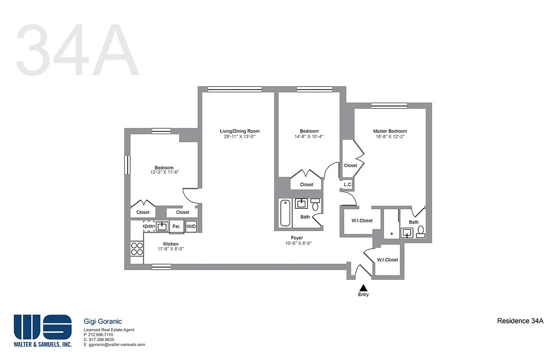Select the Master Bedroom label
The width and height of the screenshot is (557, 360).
point(390,131)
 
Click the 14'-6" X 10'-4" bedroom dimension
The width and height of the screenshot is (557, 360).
point(309,137)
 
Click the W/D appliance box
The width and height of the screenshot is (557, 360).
point(191,226)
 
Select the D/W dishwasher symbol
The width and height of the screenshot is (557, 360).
point(149,226)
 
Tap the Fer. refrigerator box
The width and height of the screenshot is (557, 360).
point(177,227)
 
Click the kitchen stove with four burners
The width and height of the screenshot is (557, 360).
point(137,249)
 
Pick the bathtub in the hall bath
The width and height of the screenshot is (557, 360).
point(285,213)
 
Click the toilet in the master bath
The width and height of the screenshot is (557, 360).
point(421,231)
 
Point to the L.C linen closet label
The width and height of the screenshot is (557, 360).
point(347,184)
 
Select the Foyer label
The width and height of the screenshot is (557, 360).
point(297,238)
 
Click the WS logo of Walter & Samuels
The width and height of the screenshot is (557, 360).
point(42,327)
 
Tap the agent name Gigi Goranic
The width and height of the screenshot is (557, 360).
point(103,321)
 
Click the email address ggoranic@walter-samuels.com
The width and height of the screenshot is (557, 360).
point(114,345)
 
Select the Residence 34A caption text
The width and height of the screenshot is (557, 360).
point(520,321)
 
